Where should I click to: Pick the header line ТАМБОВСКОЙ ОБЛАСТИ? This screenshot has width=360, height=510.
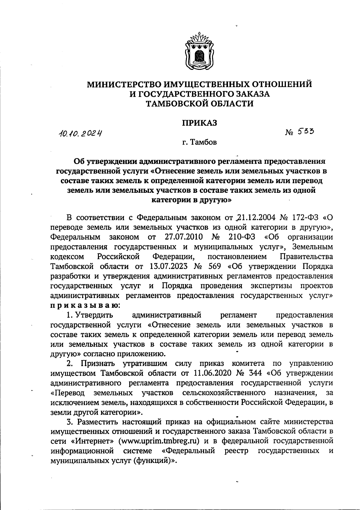pyautogui.click(x=199, y=104)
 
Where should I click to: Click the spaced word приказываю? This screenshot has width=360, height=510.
pyautogui.click(x=85, y=306)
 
